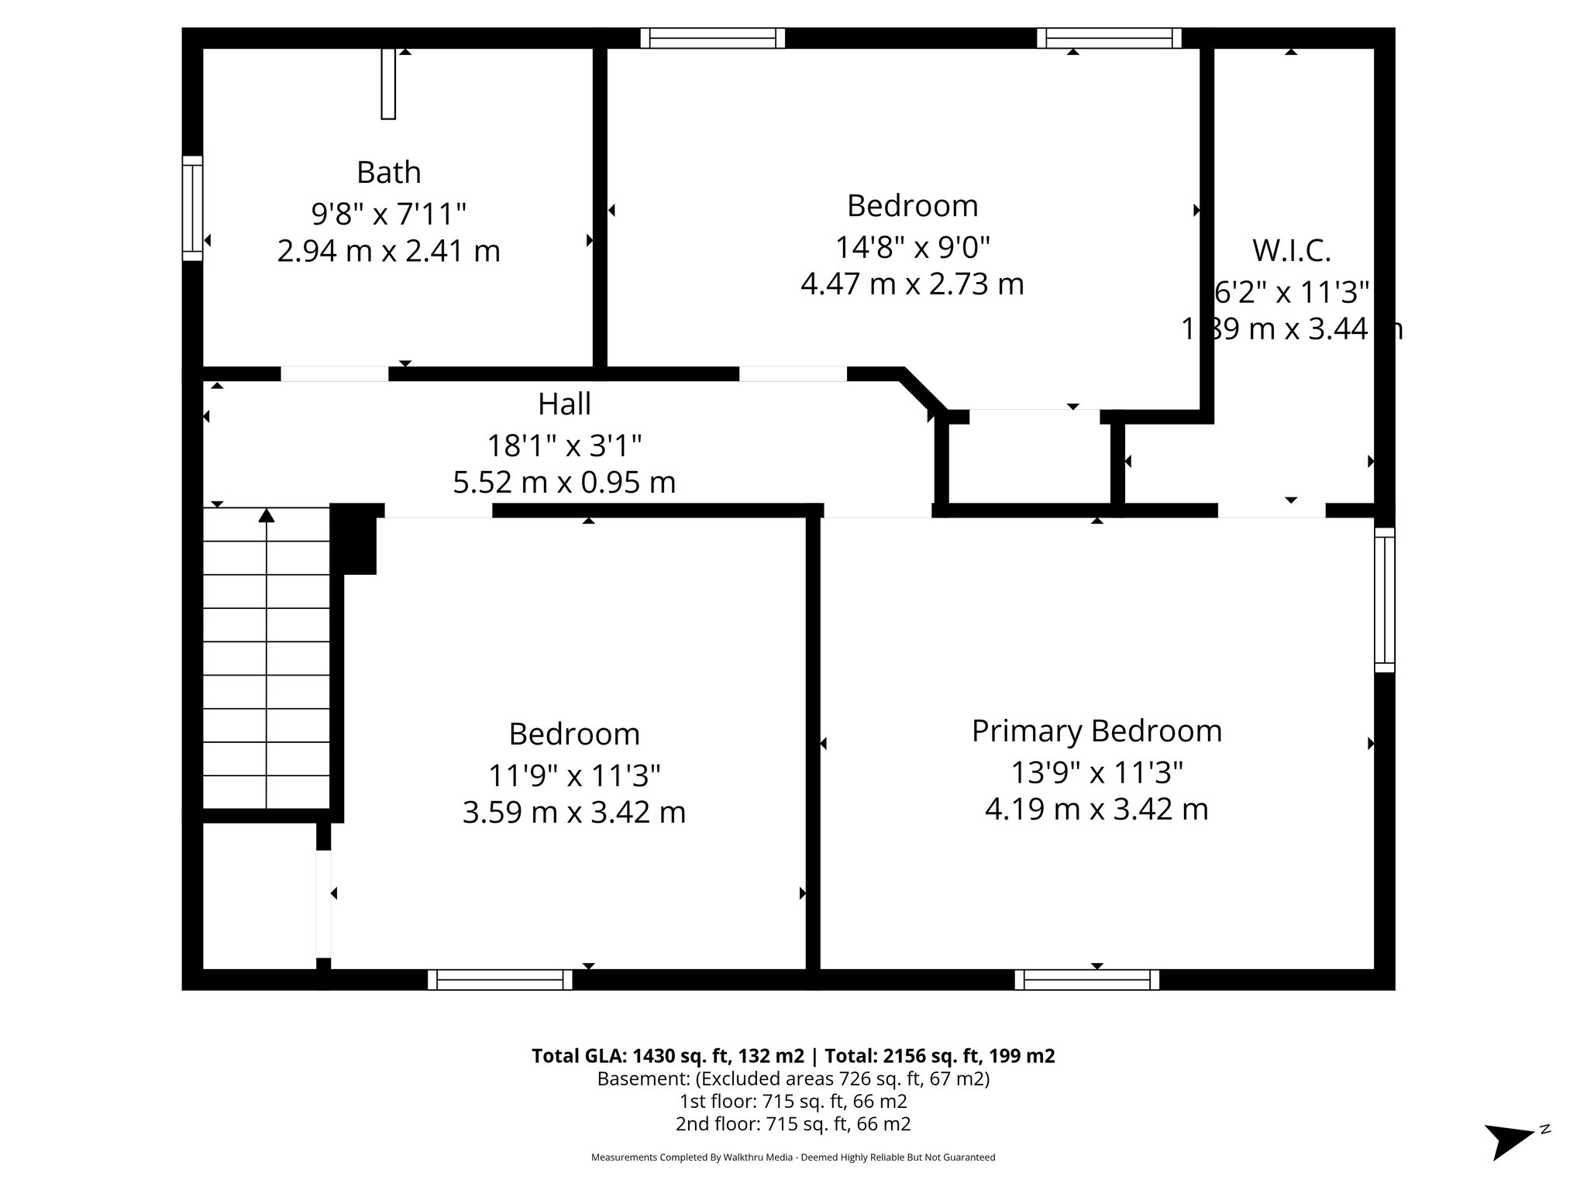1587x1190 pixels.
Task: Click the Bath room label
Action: pos(388,172)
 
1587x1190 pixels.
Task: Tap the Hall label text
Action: pos(564,404)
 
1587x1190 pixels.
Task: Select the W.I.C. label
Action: pos(1291,251)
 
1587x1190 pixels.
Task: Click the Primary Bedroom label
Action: pos(1096,731)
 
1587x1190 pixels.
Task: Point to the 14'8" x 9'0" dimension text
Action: pos(912,247)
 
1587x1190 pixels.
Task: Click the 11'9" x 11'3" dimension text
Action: pos(573,775)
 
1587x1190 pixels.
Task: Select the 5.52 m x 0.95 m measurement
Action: pos(564,483)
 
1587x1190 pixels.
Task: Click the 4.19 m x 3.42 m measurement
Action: pos(1096,810)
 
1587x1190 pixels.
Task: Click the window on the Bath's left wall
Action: pos(192,208)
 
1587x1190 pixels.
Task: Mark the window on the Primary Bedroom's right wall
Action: pos(1384,600)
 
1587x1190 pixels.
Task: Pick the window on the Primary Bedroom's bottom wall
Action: pos(1087,980)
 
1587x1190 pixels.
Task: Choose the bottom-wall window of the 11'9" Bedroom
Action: pos(500,980)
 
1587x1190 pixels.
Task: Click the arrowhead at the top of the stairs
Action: pos(267,515)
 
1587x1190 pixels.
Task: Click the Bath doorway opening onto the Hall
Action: pos(334,374)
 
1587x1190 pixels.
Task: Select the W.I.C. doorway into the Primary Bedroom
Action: pos(1271,511)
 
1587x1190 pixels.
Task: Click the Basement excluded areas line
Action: pos(793,1078)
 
